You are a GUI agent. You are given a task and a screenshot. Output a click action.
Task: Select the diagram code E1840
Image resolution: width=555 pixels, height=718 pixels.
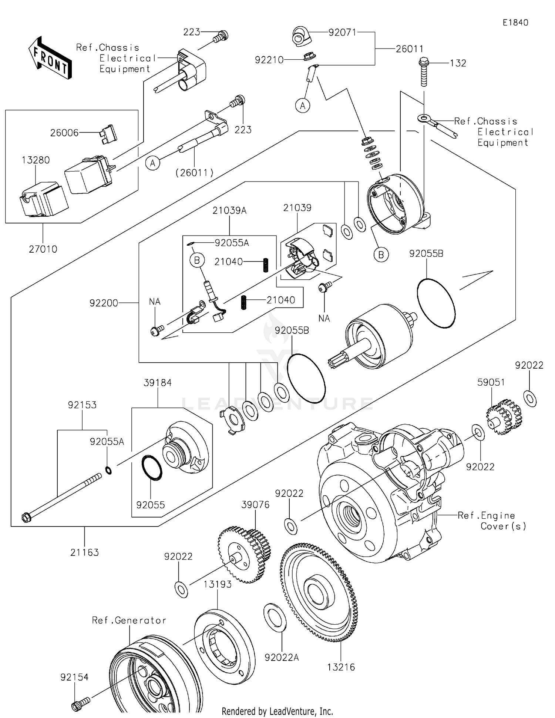(x=515, y=23)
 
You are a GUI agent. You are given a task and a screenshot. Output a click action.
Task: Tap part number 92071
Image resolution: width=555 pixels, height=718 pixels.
(x=342, y=32)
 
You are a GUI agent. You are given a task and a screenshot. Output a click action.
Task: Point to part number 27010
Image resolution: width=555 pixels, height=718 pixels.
(x=43, y=249)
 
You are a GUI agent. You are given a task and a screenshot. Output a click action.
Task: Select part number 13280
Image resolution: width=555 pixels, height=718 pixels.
(x=36, y=160)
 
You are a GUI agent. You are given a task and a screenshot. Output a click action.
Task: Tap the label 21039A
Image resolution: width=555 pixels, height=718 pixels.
(x=229, y=210)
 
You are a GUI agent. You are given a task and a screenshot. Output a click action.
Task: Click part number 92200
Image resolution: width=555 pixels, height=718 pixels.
(x=104, y=303)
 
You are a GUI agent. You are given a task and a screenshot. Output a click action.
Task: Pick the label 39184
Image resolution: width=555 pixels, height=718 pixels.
(x=158, y=383)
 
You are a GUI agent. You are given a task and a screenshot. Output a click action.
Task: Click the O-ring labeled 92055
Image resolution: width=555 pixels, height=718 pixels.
(x=152, y=468)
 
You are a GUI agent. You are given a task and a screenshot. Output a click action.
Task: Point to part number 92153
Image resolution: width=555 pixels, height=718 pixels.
(x=82, y=405)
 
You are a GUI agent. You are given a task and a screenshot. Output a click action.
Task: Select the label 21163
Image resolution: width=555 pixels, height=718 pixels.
(x=84, y=552)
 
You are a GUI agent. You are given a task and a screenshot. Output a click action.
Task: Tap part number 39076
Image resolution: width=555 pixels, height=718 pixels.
(x=255, y=505)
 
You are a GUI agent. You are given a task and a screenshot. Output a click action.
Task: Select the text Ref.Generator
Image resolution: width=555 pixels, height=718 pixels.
(x=129, y=620)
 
